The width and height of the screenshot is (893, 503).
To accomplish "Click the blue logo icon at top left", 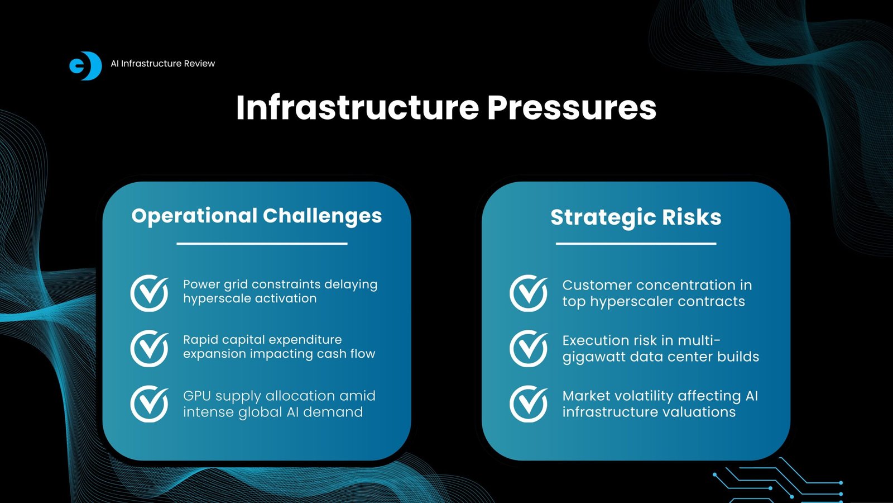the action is point(85,65).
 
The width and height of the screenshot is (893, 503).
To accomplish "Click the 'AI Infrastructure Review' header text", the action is point(162,64).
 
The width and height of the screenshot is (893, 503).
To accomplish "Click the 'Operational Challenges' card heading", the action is point(257,216).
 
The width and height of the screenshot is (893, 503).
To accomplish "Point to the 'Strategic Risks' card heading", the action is point(636,217).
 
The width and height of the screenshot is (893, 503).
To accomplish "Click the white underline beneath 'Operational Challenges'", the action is point(262,243).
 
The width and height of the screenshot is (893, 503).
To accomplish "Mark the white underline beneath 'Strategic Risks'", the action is point(636,243).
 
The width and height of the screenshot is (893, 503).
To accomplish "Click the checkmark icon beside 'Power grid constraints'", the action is point(149,293).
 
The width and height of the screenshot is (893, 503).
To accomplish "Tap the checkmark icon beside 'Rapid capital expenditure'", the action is point(149,348).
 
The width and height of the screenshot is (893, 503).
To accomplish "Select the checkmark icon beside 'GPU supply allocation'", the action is point(149,404).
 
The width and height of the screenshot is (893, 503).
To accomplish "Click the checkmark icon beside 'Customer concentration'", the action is point(528,293).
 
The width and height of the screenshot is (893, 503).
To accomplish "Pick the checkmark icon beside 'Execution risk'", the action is point(528,348).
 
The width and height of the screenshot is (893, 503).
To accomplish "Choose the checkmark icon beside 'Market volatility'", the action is point(528,404).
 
